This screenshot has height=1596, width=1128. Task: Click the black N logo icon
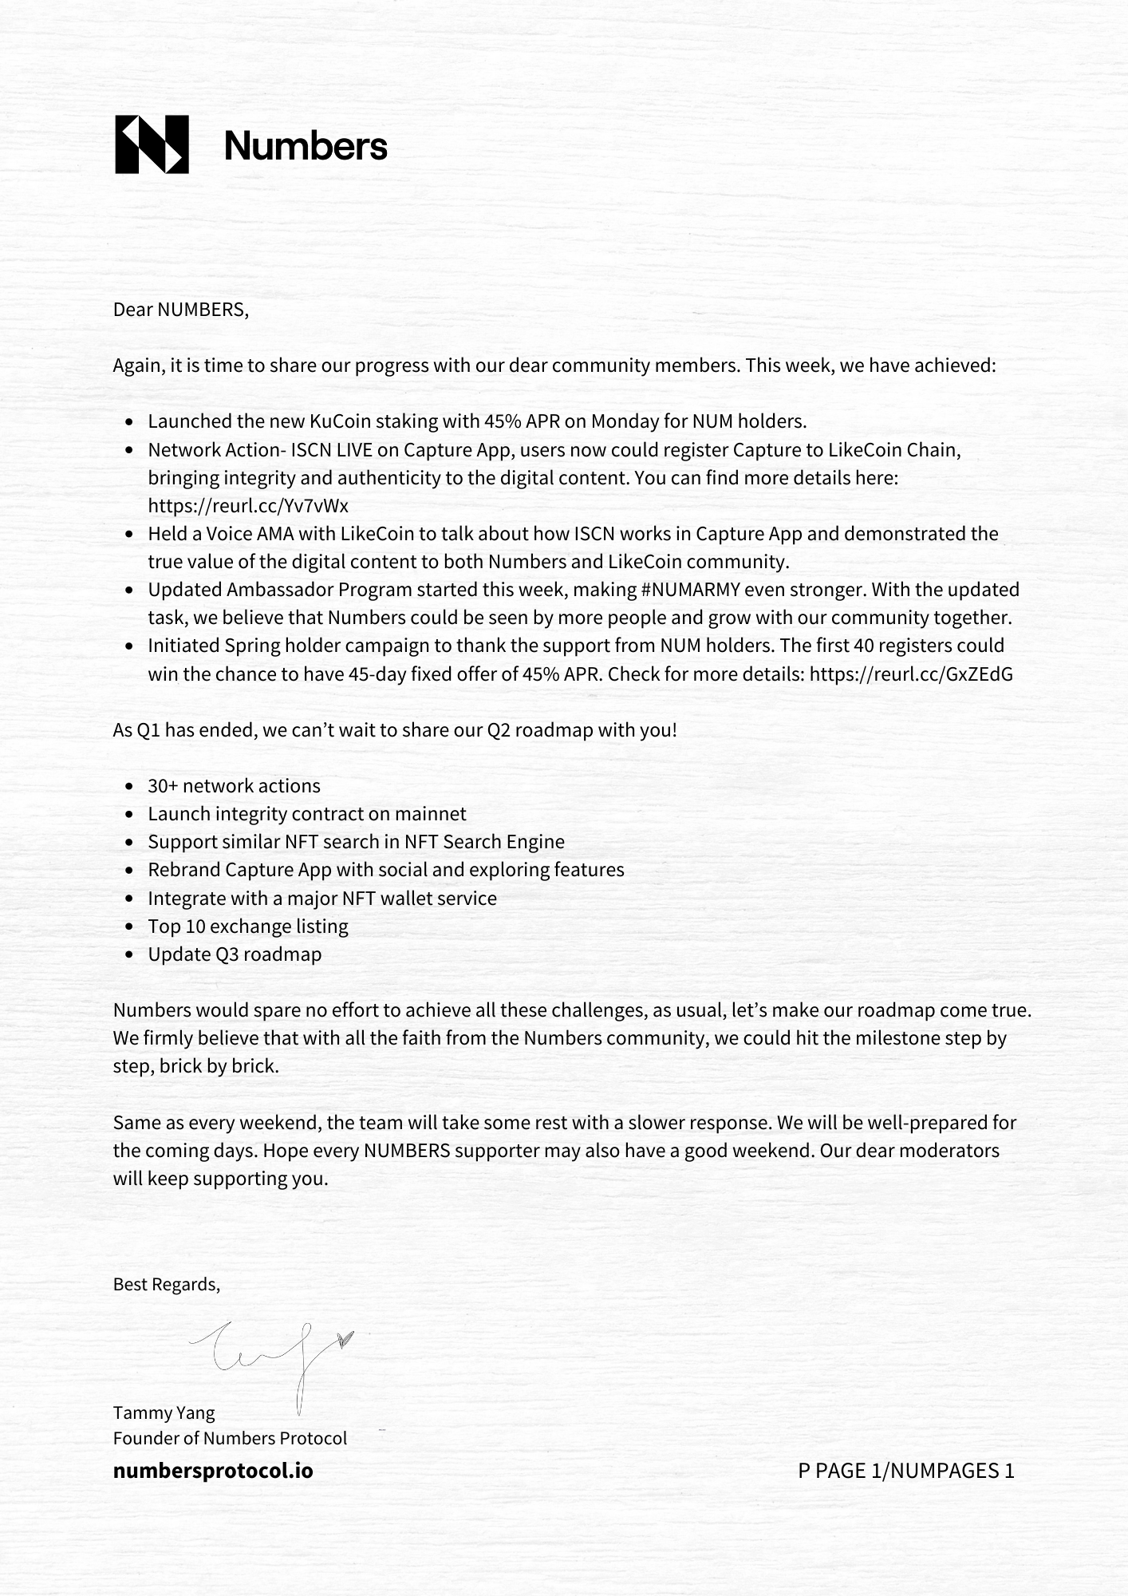tap(152, 144)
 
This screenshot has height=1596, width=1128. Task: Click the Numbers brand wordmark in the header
tap(306, 146)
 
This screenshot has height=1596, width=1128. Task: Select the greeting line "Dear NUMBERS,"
tap(181, 310)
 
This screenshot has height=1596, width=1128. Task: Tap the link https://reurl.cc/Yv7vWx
tap(248, 506)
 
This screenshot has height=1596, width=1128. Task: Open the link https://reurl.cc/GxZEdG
tap(911, 674)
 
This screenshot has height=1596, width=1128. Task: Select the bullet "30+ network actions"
tap(234, 786)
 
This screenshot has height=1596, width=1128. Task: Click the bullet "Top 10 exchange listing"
tap(248, 926)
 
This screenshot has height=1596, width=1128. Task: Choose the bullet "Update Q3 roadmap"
tap(235, 954)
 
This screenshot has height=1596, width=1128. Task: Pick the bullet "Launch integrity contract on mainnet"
tap(307, 814)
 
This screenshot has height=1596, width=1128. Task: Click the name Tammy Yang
tap(164, 1412)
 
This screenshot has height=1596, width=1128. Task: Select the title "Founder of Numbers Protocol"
tap(230, 1438)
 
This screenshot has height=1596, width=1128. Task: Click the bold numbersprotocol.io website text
tap(213, 1471)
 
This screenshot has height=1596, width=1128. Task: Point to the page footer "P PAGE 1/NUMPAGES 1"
tap(905, 1471)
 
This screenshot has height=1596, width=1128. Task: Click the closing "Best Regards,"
tap(166, 1284)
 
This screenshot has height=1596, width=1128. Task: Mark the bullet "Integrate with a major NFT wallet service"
tap(322, 899)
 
